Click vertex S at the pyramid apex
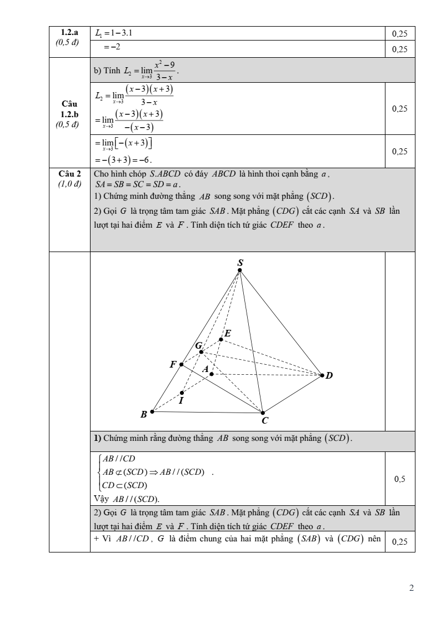coord(239,270)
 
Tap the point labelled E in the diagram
coord(220,339)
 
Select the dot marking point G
coord(201,351)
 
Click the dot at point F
coord(181,364)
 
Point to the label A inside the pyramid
coord(205,369)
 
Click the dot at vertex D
coord(322,375)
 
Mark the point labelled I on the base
coord(182,393)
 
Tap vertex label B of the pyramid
coord(144,414)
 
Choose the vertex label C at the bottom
coord(265,421)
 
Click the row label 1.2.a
coord(69,33)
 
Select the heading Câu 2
coord(69,174)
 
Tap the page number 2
coord(412,588)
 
